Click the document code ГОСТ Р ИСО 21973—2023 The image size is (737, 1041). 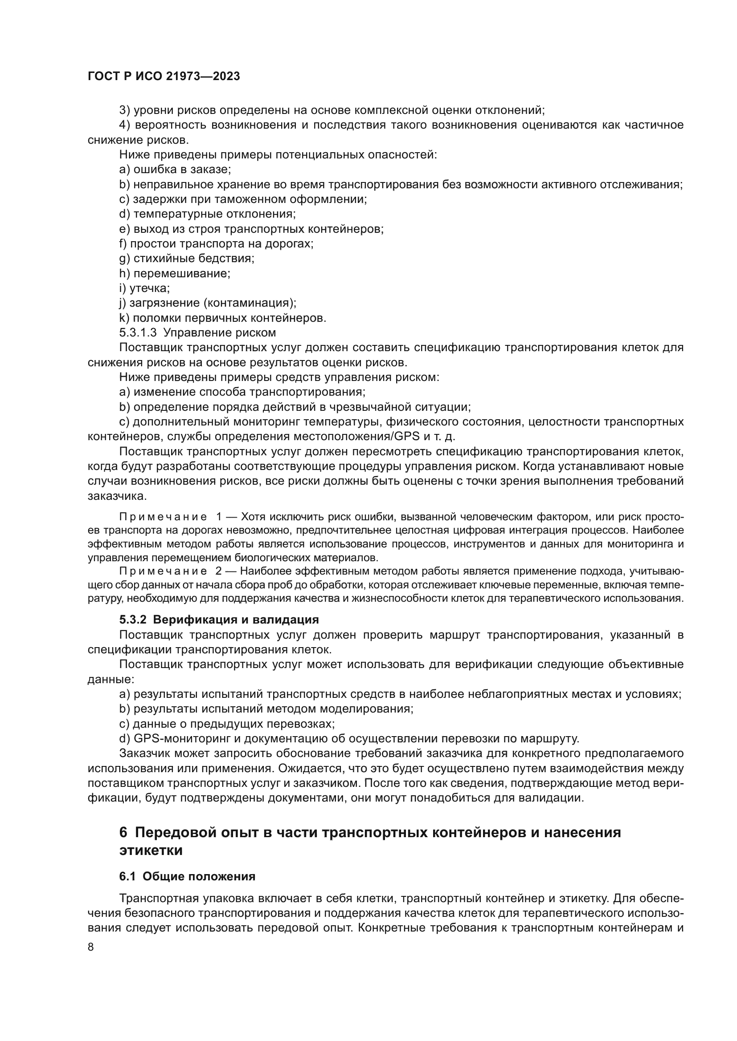click(x=164, y=77)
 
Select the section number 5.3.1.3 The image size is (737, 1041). click(x=138, y=333)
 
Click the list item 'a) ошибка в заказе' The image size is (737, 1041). click(x=175, y=170)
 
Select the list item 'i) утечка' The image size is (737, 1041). click(x=144, y=288)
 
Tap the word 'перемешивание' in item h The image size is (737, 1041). click(x=181, y=273)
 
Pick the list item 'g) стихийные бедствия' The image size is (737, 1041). click(x=187, y=259)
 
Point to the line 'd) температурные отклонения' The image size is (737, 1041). click(x=207, y=214)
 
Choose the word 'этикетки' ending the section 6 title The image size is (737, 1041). click(x=151, y=850)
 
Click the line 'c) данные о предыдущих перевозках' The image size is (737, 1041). click(x=227, y=724)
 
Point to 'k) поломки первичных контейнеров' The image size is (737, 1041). click(x=222, y=318)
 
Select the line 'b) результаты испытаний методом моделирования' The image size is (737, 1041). click(x=266, y=709)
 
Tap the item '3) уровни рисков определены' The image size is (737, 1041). click(x=331, y=110)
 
